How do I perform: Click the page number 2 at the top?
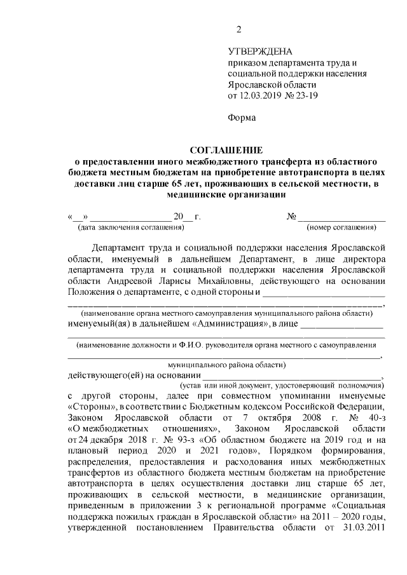click(x=238, y=29)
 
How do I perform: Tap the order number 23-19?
click(x=306, y=96)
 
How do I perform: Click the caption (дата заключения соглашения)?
click(x=130, y=227)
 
